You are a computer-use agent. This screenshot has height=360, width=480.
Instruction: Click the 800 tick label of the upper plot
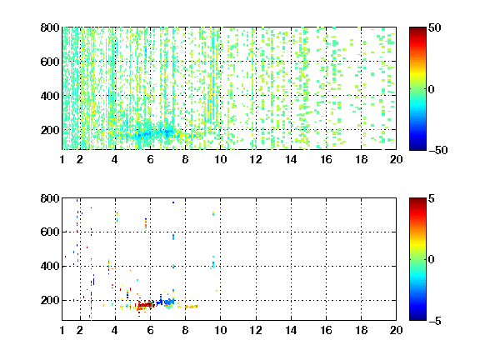tap(50, 27)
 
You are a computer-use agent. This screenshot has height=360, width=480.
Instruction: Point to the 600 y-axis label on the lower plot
tap(50, 232)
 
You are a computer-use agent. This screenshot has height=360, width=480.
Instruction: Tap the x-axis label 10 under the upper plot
tap(220, 159)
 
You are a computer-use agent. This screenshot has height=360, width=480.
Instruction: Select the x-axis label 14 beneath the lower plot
tap(291, 330)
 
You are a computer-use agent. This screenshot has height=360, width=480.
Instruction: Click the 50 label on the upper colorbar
tap(434, 27)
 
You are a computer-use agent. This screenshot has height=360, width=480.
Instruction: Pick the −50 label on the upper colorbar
tap(437, 150)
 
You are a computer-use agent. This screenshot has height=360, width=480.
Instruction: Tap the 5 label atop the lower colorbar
tap(432, 198)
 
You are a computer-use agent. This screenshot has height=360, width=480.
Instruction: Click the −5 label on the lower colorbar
tap(435, 321)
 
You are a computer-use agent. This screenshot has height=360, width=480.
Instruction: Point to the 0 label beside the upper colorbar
tap(432, 89)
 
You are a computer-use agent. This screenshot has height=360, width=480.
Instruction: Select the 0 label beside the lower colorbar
tap(432, 260)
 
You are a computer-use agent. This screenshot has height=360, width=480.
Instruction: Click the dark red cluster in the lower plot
tap(144, 305)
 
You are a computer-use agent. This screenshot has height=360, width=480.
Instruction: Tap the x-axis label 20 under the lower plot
tap(396, 330)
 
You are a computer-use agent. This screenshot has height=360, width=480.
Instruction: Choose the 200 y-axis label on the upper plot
tap(50, 130)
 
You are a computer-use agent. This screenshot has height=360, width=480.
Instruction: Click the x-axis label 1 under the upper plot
tap(62, 159)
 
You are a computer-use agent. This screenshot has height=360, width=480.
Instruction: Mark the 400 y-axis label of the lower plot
tap(50, 266)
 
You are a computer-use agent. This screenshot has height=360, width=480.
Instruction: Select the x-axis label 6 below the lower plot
tap(150, 330)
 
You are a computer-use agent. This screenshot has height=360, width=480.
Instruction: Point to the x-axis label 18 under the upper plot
tap(361, 159)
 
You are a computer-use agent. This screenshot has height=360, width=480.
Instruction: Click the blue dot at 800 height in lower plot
tap(173, 202)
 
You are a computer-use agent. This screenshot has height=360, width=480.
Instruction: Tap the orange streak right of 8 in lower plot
tap(191, 307)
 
